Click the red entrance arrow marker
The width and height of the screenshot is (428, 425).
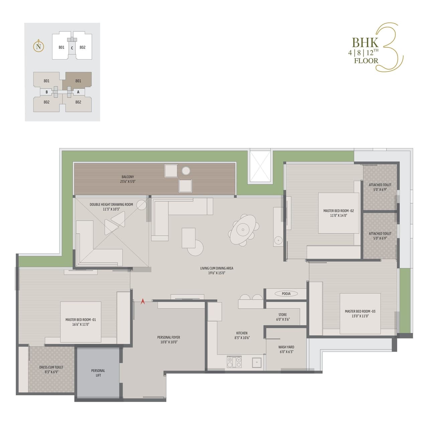pyautogui.click(x=143, y=301)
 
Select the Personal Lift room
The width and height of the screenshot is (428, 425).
pyautogui.click(x=98, y=373)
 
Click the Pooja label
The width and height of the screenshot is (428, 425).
pyautogui.click(x=286, y=294)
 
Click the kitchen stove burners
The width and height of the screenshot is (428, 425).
pyautogui.click(x=234, y=362)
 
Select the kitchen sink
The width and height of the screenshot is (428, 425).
pyautogui.click(x=256, y=362)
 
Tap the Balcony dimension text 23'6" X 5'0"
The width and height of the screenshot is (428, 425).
pyautogui.click(x=128, y=182)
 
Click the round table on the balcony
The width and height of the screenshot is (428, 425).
pyautogui.click(x=186, y=171)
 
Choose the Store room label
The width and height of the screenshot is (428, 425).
pyautogui.click(x=283, y=317)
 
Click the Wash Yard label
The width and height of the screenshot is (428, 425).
pyautogui.click(x=286, y=349)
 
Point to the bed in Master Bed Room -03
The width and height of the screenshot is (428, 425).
pyautogui.click(x=360, y=313)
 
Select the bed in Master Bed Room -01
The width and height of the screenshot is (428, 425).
pyautogui.click(x=81, y=322)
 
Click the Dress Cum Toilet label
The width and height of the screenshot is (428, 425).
pyautogui.click(x=51, y=369)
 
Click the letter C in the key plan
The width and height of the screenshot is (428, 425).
pyautogui.click(x=72, y=48)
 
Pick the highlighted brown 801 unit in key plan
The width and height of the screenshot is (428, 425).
pyautogui.click(x=78, y=81)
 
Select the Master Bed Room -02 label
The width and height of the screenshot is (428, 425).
pyautogui.click(x=338, y=213)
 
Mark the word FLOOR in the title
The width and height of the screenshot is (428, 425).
pyautogui.click(x=366, y=61)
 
